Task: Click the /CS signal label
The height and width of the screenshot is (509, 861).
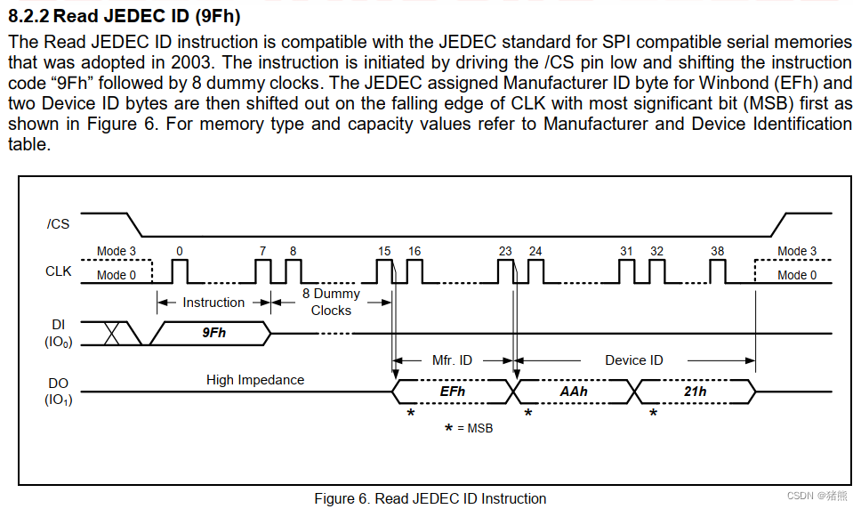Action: pos(58,223)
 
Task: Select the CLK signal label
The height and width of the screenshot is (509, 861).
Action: pos(58,271)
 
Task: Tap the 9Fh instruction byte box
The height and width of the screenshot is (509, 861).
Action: pos(213,333)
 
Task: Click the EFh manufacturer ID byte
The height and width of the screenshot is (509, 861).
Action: pos(453,391)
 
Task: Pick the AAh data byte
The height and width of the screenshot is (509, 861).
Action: pos(574,391)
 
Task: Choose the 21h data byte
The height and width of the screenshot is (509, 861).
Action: pos(695,391)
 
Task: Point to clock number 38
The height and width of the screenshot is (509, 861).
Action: pos(717,251)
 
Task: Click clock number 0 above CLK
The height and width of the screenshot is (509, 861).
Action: pos(179,251)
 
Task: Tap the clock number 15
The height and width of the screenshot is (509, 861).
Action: pos(384,251)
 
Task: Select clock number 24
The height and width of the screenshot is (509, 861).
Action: pos(535,251)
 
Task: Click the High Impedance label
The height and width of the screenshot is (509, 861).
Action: pos(255,380)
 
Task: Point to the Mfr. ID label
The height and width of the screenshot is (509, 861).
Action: pos(453,360)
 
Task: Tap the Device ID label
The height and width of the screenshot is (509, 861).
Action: pos(634,360)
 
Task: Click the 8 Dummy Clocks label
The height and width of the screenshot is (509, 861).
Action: pos(331,302)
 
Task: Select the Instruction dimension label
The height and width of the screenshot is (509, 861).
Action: pos(213,303)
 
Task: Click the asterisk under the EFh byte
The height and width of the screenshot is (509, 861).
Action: pos(410,414)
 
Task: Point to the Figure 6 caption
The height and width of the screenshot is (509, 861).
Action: pos(430,498)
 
